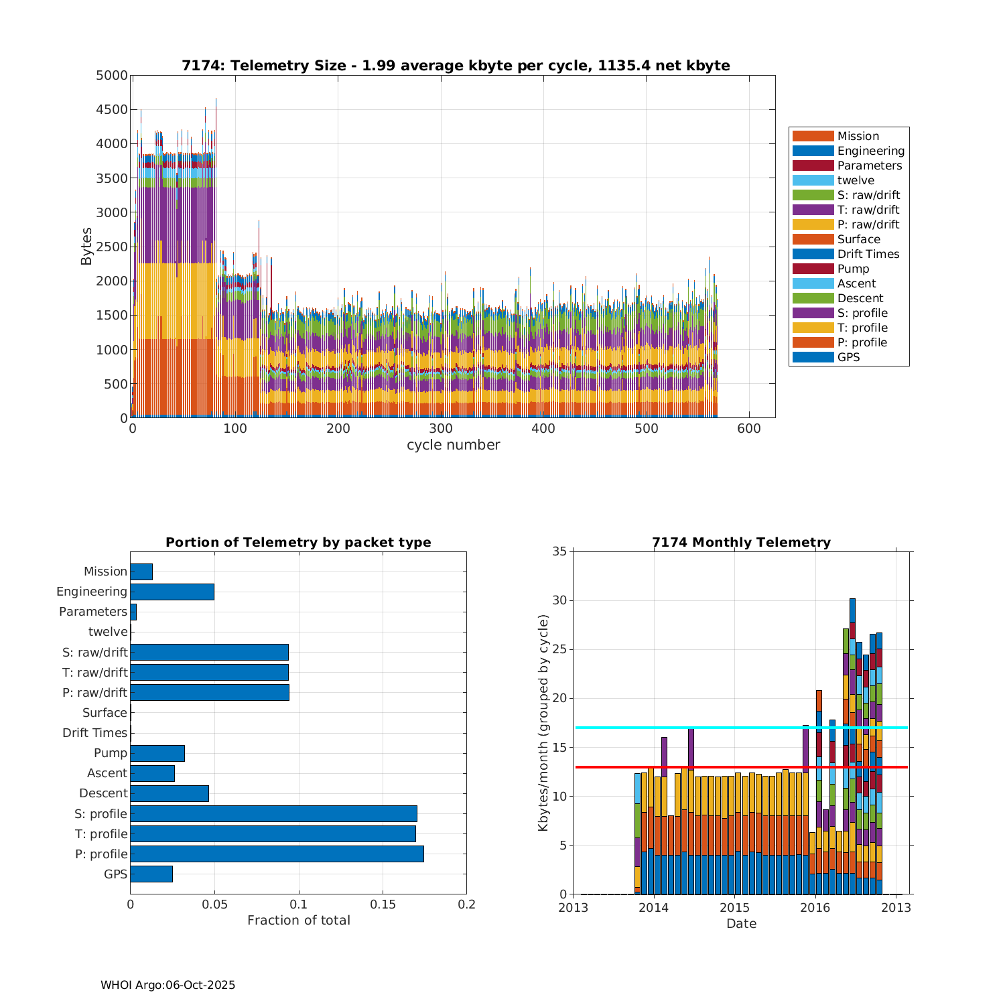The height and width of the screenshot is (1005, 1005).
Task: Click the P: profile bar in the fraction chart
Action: coord(277,854)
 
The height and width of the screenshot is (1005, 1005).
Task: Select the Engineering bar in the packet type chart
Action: coord(172,592)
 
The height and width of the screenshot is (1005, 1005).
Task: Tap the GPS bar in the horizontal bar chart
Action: coord(151,874)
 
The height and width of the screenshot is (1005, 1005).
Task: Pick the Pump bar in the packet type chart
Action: coord(157,753)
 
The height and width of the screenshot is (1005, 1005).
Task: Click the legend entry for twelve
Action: coord(856,180)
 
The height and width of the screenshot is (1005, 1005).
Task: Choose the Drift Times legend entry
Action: coord(868,254)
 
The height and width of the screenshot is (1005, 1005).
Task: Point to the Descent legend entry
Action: coord(860,298)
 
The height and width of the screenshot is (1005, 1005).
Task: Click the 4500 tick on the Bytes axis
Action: coord(111,109)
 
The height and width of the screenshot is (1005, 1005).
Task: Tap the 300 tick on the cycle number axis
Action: coord(441,429)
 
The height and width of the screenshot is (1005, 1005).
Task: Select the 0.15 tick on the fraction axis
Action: coord(383,904)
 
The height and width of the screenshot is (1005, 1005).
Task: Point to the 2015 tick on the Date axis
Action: coord(734,908)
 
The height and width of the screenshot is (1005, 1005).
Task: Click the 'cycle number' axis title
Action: coord(453,445)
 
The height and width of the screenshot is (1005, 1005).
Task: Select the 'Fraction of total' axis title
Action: coord(298,921)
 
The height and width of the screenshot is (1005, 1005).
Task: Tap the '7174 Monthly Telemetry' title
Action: coord(741,543)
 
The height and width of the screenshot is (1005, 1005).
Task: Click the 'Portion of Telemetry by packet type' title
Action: coord(298,543)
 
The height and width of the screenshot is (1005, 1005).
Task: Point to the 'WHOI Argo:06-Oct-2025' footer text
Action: coord(167,985)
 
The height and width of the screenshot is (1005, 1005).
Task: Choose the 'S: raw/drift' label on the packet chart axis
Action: coord(94,652)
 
